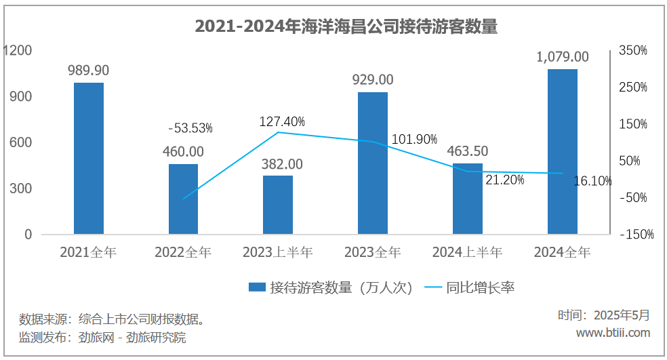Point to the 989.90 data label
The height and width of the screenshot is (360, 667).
click(89, 70)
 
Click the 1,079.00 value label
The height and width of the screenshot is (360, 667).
click(563, 57)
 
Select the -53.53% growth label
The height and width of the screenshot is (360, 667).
click(190, 128)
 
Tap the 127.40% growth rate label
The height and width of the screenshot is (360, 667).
click(282, 121)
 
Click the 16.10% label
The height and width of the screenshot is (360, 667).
click(592, 181)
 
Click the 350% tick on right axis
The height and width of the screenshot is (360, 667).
click(633, 51)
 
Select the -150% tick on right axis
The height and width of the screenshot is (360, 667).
click(636, 235)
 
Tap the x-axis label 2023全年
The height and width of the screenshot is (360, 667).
click(373, 253)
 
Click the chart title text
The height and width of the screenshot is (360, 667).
click(346, 27)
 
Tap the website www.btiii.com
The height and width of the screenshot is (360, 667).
click(613, 332)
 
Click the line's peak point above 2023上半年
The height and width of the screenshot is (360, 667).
click(278, 132)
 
